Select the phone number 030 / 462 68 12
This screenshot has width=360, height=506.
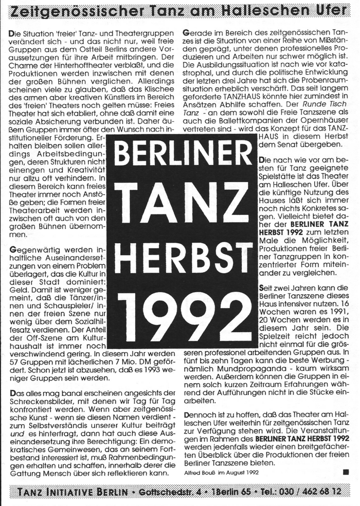click(x=314, y=492)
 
